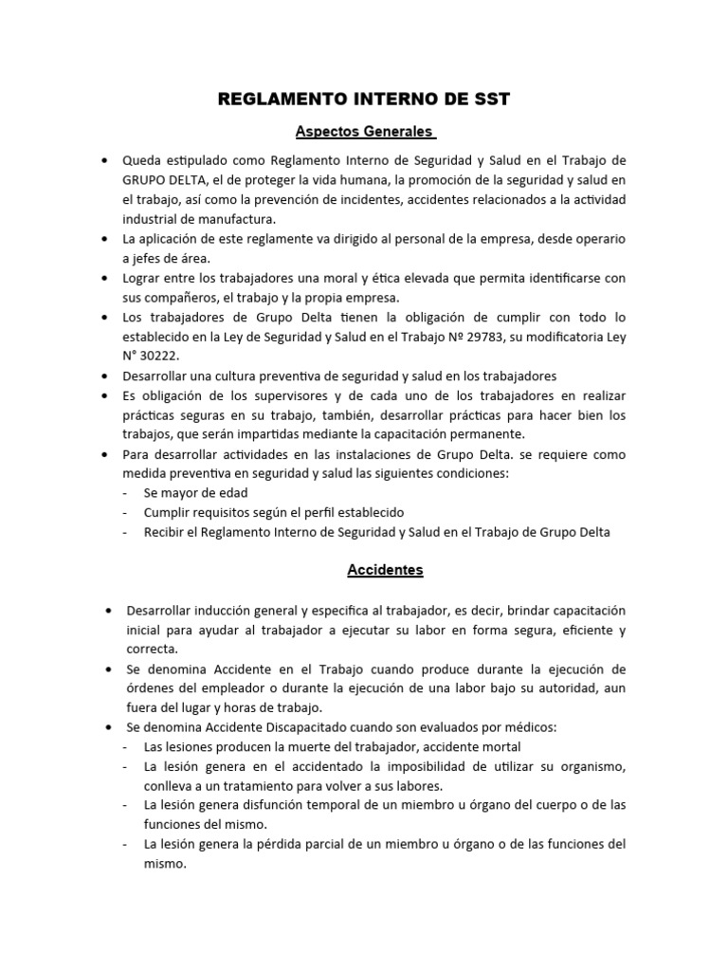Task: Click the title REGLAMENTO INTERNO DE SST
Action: pyautogui.click(x=364, y=99)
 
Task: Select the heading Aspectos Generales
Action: pyautogui.click(x=363, y=131)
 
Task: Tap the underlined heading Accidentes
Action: pyautogui.click(x=364, y=571)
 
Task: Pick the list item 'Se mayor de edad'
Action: pyautogui.click(x=195, y=493)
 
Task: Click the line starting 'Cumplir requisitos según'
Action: pyautogui.click(x=261, y=513)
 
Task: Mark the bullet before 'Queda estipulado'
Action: pyautogui.click(x=102, y=159)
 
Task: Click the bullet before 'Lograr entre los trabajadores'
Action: pyautogui.click(x=102, y=278)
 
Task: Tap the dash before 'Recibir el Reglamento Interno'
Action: pyautogui.click(x=127, y=533)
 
